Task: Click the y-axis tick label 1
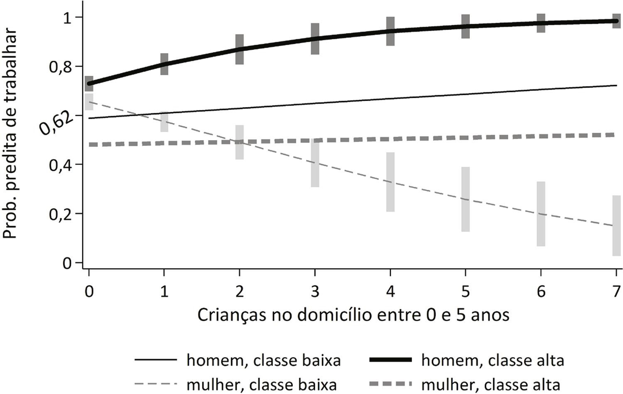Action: (x=66, y=18)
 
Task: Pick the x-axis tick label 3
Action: (x=315, y=292)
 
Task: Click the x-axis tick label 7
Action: (x=616, y=292)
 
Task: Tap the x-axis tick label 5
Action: (x=465, y=292)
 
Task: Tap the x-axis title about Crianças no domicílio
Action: (x=353, y=315)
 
